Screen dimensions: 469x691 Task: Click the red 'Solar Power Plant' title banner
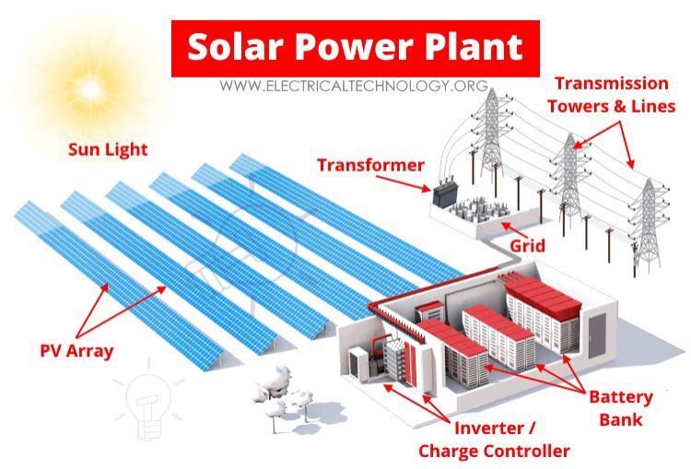click(355, 47)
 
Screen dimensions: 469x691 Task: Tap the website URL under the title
click(353, 86)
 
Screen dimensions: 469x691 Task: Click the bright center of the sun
click(89, 88)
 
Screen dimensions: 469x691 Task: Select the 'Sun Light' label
click(108, 149)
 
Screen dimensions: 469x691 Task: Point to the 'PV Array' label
click(76, 350)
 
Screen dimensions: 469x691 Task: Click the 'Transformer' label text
click(370, 166)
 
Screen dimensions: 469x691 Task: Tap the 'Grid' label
click(529, 246)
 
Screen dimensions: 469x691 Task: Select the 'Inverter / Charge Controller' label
click(494, 440)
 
